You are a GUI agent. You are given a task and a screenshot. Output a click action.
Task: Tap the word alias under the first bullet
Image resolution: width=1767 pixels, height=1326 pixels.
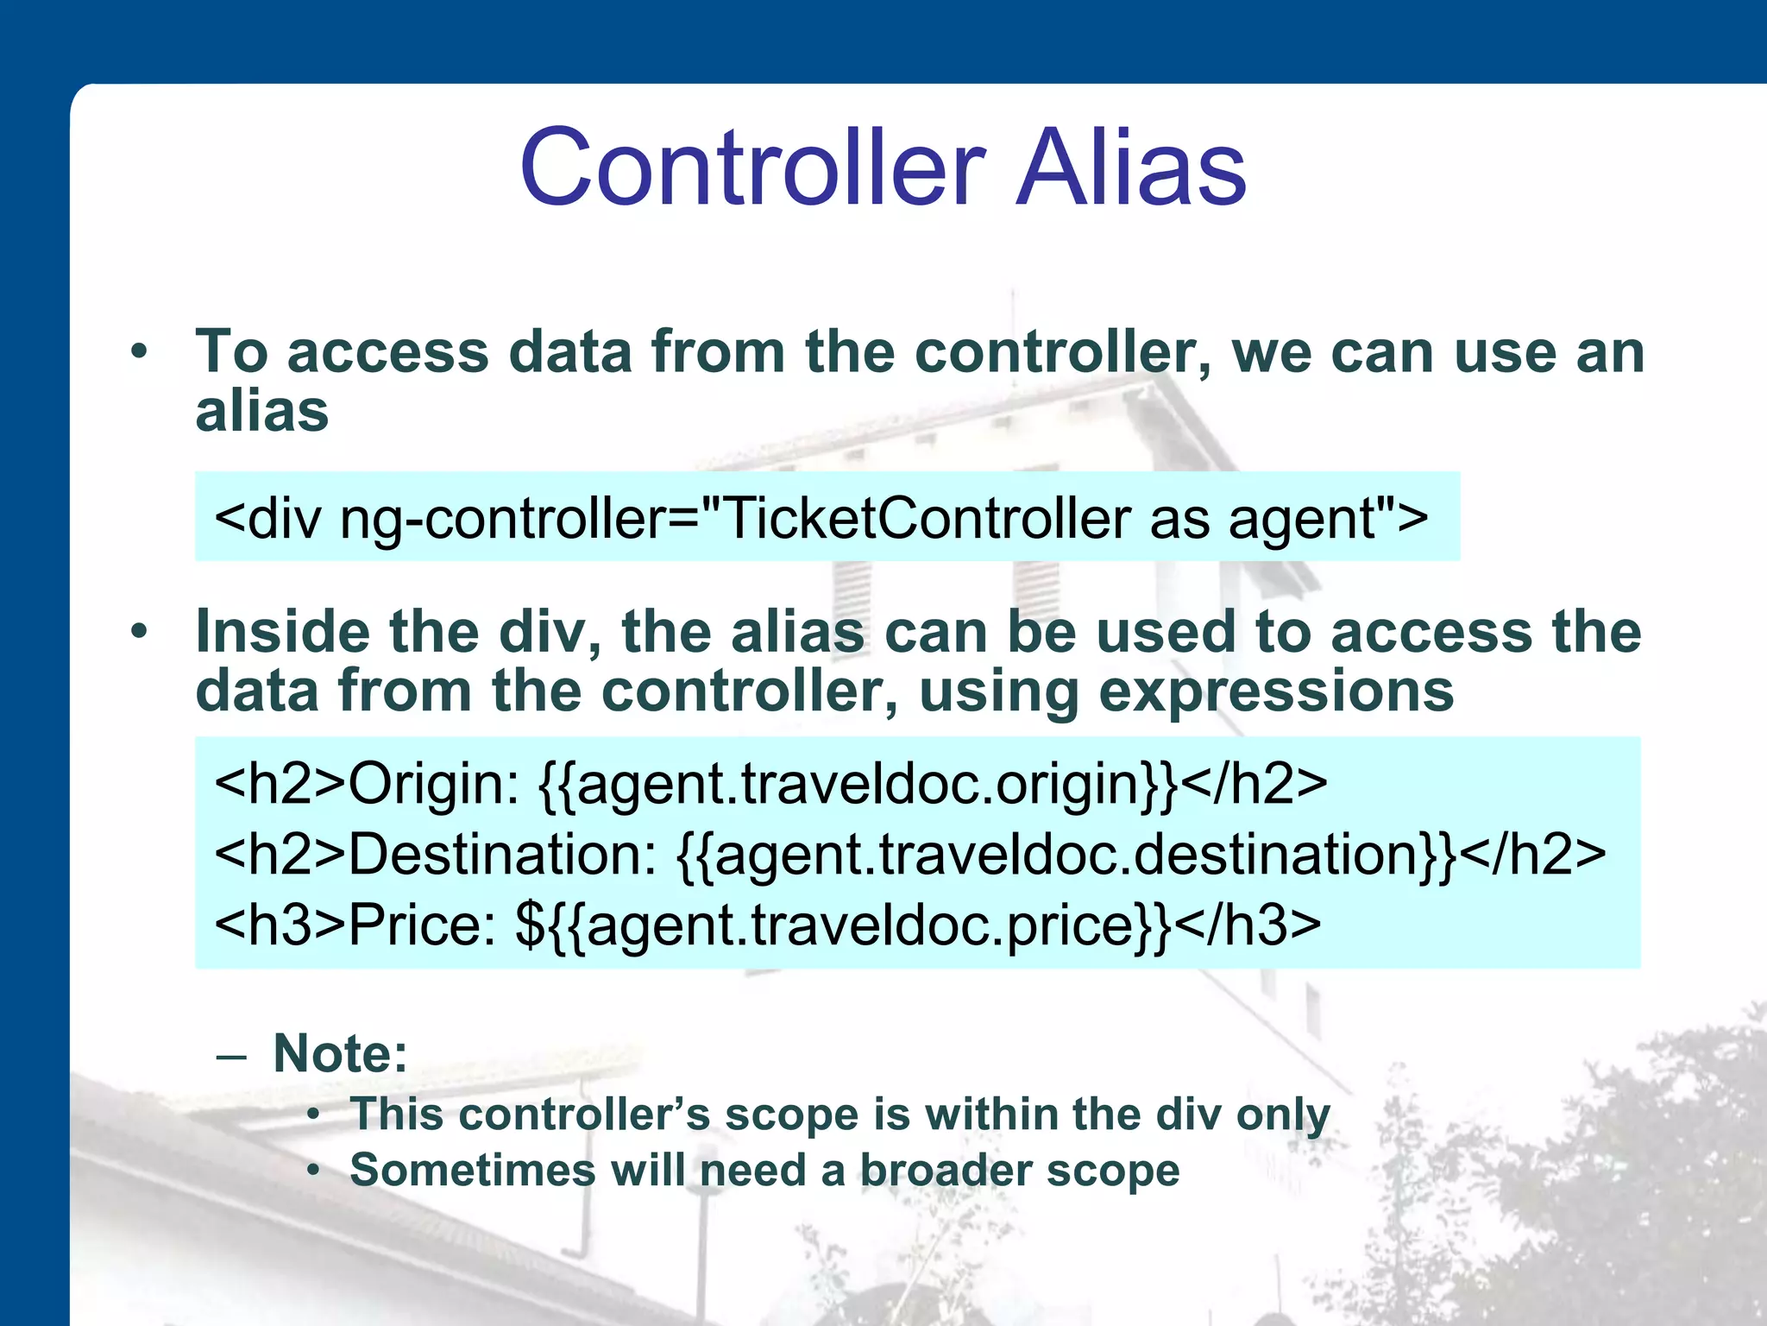pos(261,411)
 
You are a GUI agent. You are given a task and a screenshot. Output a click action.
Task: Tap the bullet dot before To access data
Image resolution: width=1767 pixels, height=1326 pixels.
pos(139,351)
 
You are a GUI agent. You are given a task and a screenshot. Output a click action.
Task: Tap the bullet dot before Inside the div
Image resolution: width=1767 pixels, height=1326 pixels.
pos(139,631)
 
